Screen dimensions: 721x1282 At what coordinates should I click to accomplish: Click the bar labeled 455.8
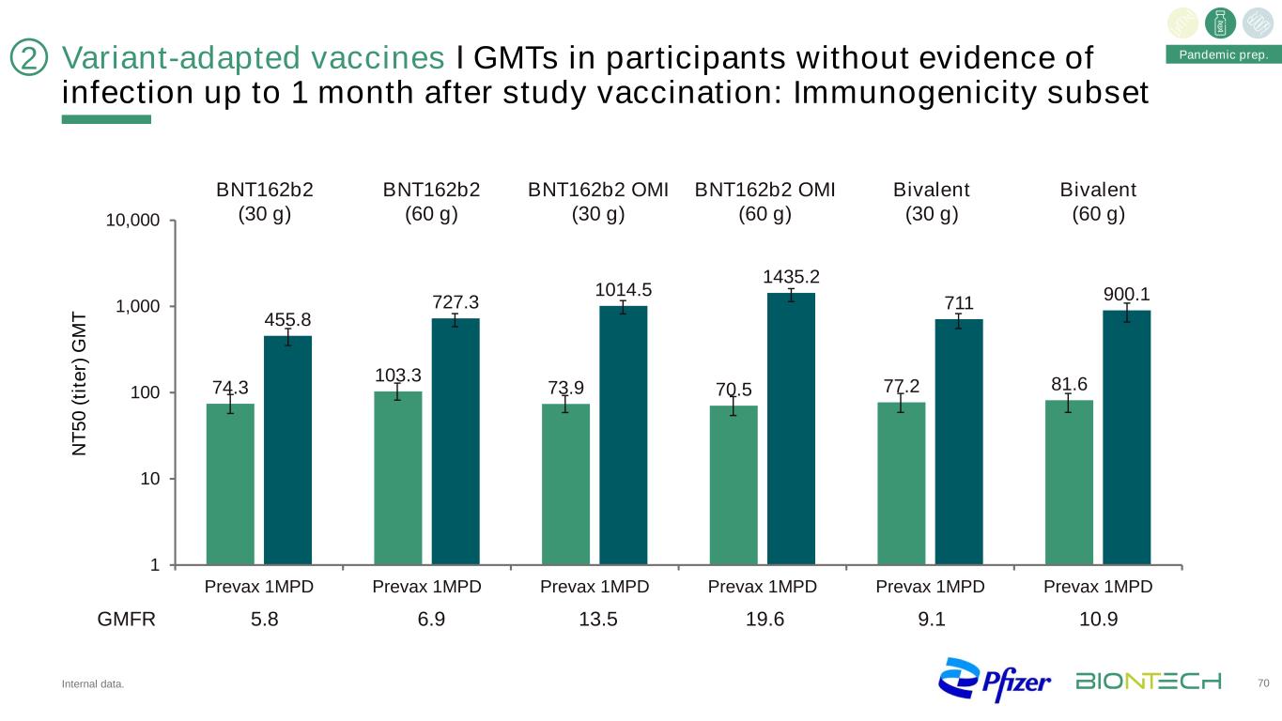pos(287,451)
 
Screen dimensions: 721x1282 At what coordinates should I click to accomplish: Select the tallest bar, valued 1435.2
pos(791,429)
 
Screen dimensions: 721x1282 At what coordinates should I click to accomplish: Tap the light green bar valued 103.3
pos(398,478)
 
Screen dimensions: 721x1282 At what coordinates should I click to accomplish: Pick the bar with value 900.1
pos(1126,437)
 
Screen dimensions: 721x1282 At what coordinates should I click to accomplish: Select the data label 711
pos(959,302)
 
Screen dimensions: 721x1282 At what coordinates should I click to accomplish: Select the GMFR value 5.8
pos(259,620)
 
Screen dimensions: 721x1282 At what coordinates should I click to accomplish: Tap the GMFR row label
pos(127,620)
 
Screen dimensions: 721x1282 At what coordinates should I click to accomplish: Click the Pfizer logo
pos(996,681)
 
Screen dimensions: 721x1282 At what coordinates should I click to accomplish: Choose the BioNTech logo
pos(1149,681)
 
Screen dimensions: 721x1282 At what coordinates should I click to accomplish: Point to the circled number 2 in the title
pos(29,59)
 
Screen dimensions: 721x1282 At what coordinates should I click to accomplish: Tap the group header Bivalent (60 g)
pos(1099,201)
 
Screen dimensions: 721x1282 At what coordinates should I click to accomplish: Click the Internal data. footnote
pos(92,684)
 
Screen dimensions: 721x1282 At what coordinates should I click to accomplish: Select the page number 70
pos(1263,682)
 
